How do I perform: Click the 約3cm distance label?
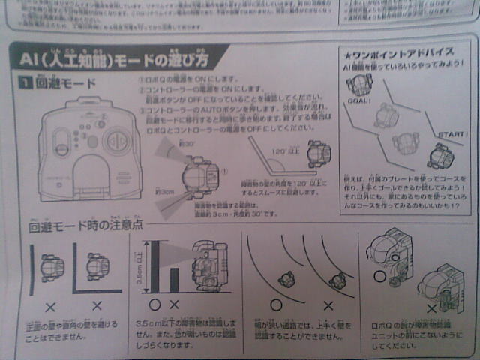tap(163, 192)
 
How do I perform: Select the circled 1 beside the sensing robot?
tap(223, 170)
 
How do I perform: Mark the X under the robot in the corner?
tap(96, 306)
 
